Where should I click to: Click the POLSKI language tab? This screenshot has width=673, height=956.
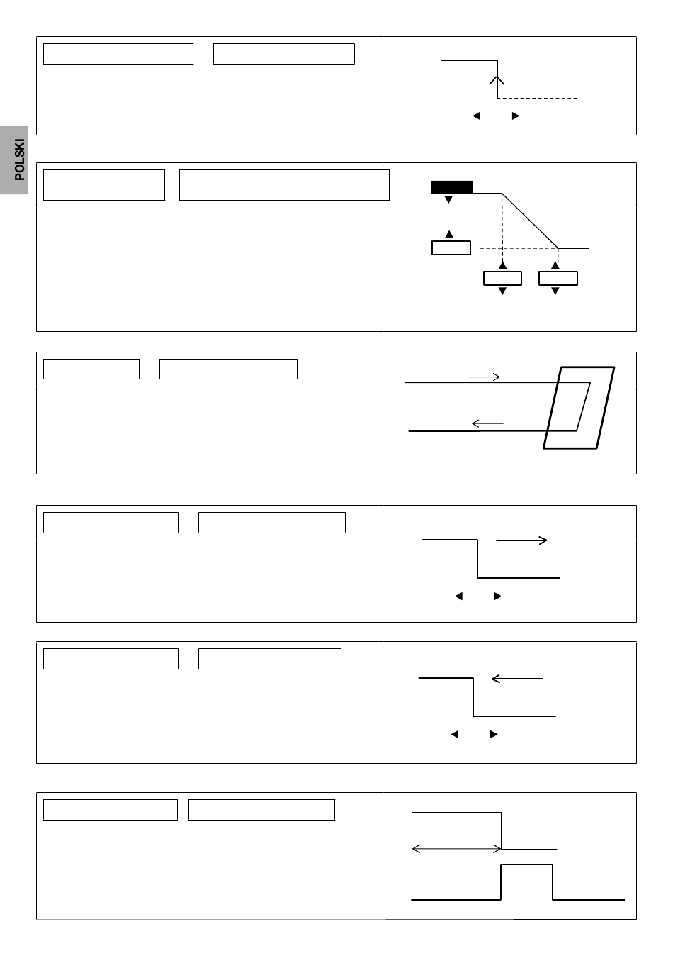pyautogui.click(x=14, y=160)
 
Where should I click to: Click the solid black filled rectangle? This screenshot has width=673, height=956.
pyautogui.click(x=451, y=187)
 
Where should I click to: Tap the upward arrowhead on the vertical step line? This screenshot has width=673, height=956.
pyautogui.click(x=497, y=80)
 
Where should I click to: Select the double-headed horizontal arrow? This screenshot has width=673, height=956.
pyautogui.click(x=456, y=849)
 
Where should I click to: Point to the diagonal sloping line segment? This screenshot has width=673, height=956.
pyautogui.click(x=530, y=221)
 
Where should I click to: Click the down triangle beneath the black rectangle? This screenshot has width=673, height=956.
pyautogui.click(x=448, y=200)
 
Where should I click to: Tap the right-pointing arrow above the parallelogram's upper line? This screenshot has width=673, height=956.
pyautogui.click(x=484, y=377)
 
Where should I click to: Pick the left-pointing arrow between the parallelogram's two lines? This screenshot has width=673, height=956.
pyautogui.click(x=487, y=423)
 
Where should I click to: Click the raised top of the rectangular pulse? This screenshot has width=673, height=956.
pyautogui.click(x=526, y=865)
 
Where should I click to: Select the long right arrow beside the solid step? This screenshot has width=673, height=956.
pyautogui.click(x=521, y=540)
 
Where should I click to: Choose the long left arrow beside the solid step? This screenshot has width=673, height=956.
pyautogui.click(x=516, y=678)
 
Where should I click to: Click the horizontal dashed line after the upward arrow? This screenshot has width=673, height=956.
pyautogui.click(x=537, y=99)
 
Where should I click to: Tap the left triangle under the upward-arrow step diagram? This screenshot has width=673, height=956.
pyautogui.click(x=477, y=116)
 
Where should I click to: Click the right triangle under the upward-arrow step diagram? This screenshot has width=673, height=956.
pyautogui.click(x=516, y=116)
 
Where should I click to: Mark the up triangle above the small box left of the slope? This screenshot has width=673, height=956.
pyautogui.click(x=449, y=234)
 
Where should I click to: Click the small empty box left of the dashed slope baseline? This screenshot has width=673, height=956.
pyautogui.click(x=451, y=248)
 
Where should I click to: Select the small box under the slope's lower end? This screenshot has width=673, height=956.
pyautogui.click(x=558, y=278)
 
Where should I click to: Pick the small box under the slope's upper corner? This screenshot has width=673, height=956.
pyautogui.click(x=502, y=278)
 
